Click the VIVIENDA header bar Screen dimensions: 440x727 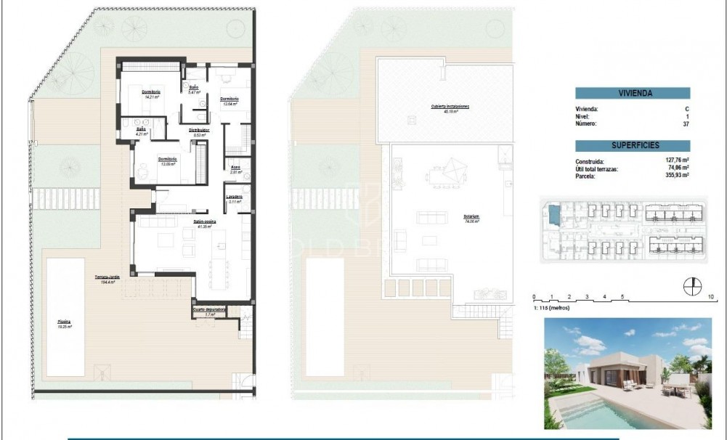[633, 94]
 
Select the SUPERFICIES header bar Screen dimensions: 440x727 [633, 144]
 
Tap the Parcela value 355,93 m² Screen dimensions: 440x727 [677, 175]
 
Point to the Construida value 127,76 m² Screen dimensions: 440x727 [677, 161]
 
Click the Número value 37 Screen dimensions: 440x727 [686, 124]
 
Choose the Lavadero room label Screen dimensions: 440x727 [235, 197]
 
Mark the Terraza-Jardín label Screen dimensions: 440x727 [106, 277]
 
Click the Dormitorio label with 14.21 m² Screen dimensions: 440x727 [151, 92]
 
